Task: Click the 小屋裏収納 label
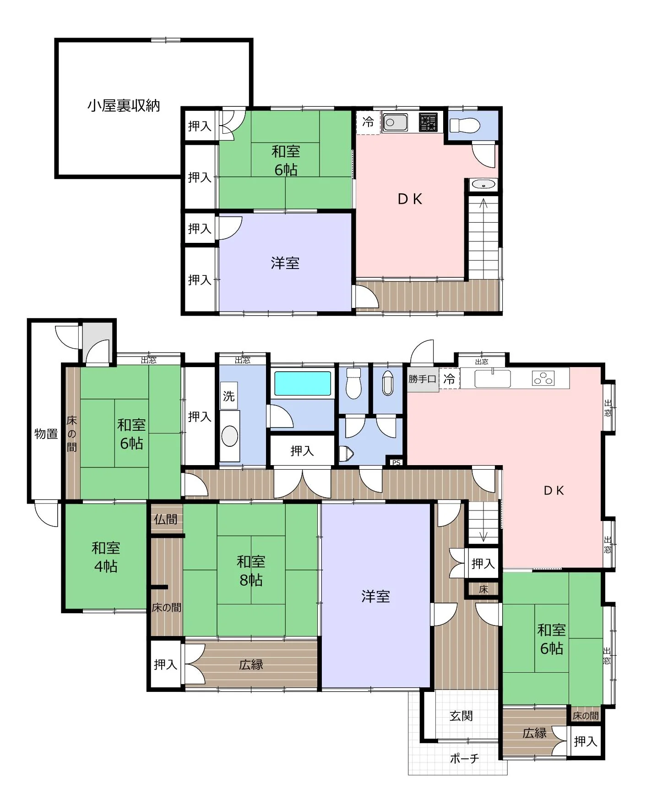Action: coord(124,106)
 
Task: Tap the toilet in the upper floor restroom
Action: coord(464,125)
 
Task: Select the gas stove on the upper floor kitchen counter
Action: coord(428,122)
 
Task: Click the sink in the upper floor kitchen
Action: coord(395,122)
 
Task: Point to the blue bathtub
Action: coord(303,384)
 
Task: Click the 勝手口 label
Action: coord(422,379)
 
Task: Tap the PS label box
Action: coord(396,462)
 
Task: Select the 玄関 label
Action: coord(461,716)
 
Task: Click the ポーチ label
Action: coord(464,758)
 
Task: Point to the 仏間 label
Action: coord(165,519)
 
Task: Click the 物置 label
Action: coord(46,433)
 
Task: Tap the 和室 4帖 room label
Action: coord(106,557)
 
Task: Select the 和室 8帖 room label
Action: coord(251,571)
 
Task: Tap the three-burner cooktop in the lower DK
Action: coord(543,379)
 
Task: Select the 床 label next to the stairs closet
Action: coord(483,589)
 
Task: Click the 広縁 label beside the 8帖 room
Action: coord(251,664)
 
